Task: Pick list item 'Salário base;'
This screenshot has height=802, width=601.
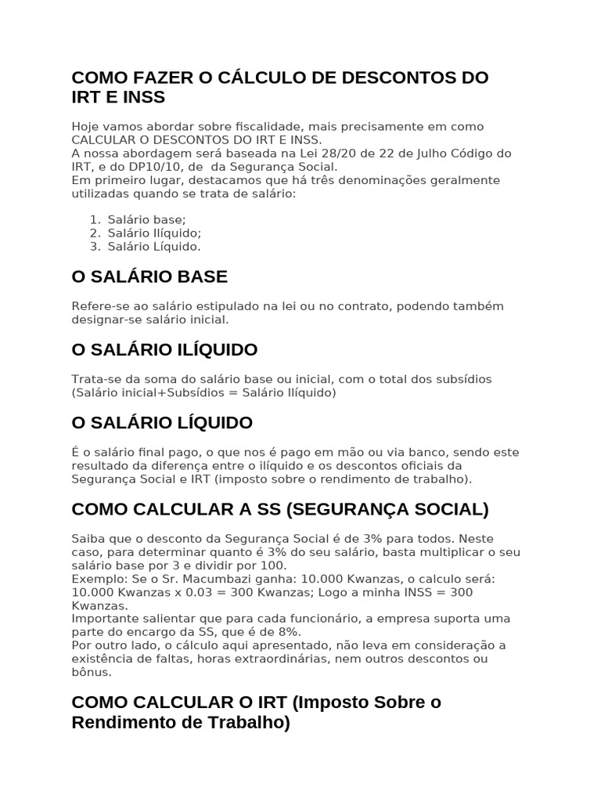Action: (147, 219)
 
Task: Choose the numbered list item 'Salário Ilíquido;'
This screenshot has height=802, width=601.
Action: (154, 233)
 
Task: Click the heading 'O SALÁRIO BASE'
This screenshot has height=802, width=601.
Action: (149, 276)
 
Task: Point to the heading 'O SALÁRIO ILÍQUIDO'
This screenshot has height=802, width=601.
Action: (164, 349)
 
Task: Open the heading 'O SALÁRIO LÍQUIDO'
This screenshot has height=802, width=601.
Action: (162, 423)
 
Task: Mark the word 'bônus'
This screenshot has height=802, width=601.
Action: (92, 672)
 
